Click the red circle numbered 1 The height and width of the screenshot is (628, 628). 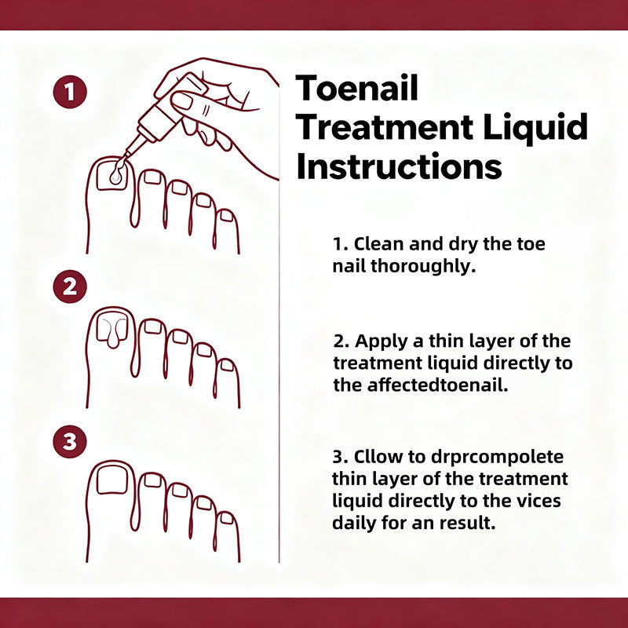pyautogui.click(x=71, y=93)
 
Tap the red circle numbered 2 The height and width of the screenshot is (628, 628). pyautogui.click(x=71, y=287)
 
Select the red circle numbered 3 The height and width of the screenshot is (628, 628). pyautogui.click(x=71, y=442)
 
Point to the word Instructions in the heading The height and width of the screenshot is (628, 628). pyautogui.click(x=400, y=166)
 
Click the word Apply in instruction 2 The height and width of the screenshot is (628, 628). pyautogui.click(x=378, y=341)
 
